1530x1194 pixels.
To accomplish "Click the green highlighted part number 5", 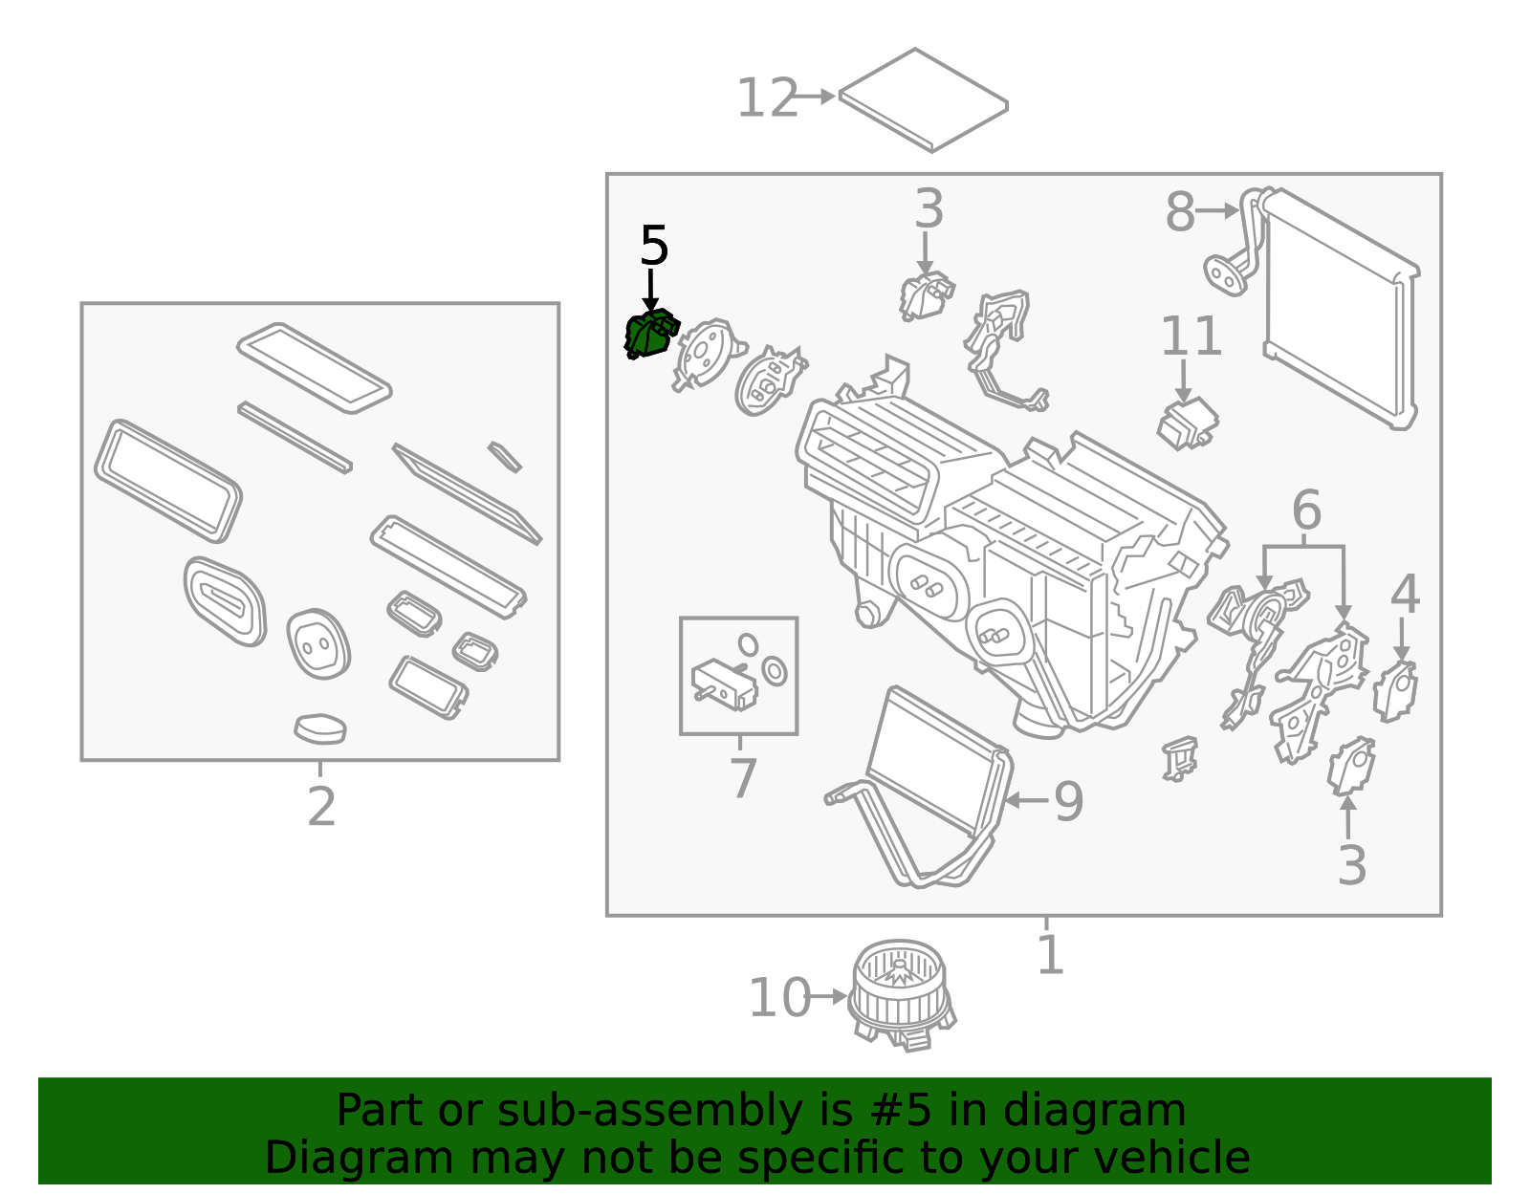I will [x=649, y=336].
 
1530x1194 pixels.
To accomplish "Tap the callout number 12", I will [x=767, y=98].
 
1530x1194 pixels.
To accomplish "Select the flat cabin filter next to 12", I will [x=923, y=100].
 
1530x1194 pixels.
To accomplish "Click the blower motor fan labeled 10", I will [x=901, y=995].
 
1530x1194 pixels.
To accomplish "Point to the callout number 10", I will [x=779, y=998].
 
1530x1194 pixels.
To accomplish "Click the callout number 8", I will [x=1180, y=211].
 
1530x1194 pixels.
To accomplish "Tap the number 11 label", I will [x=1191, y=336].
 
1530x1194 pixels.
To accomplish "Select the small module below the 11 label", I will [x=1187, y=423].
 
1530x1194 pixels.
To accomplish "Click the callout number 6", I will [x=1306, y=510].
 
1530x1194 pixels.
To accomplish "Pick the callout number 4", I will [x=1404, y=595].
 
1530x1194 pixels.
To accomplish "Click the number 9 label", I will [x=1068, y=801].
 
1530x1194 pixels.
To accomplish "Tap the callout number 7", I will [x=743, y=778].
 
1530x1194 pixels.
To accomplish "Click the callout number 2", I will [x=321, y=807].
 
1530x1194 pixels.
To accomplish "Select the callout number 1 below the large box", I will [x=1050, y=955].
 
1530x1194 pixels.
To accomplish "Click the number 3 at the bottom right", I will [x=1351, y=865].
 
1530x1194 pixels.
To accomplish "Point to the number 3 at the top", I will [x=929, y=209].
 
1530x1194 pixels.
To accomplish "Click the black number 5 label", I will [x=654, y=247].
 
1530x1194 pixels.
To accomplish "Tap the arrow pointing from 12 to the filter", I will [x=815, y=97].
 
